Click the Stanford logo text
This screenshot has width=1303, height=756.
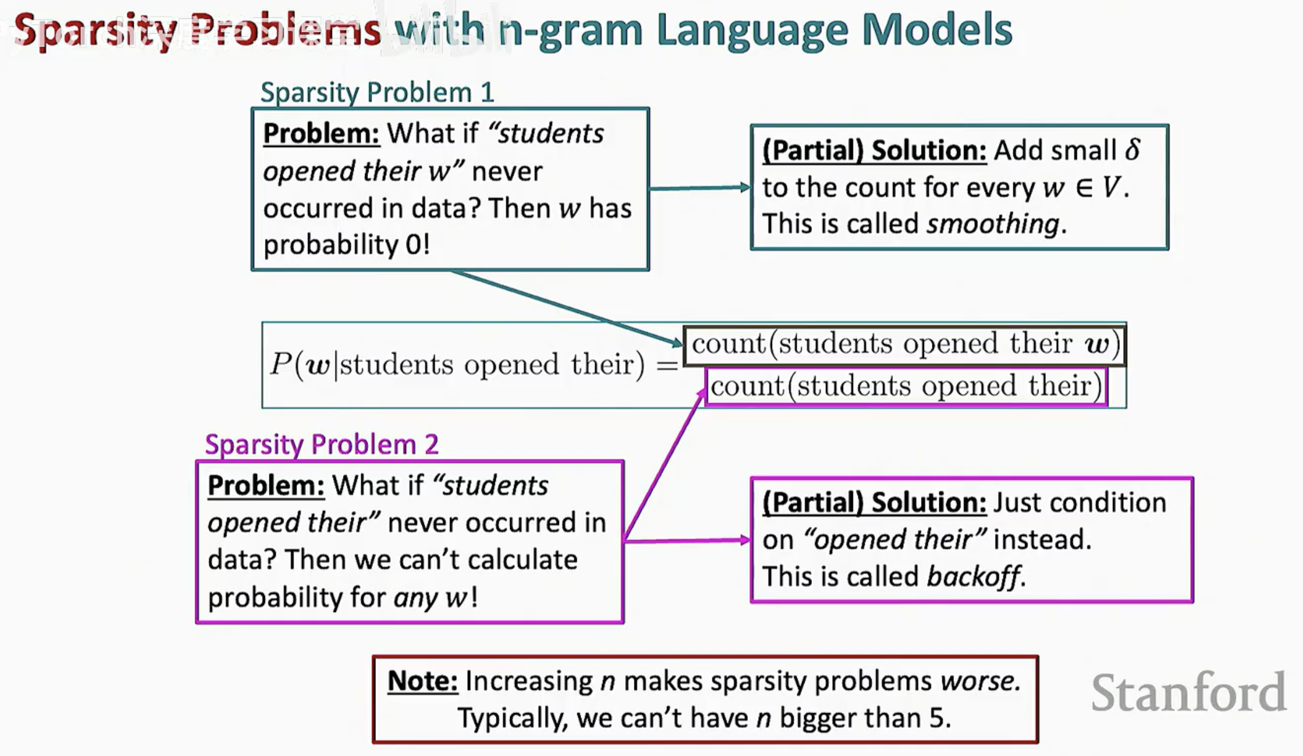(1188, 692)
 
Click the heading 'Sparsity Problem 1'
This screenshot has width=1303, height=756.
(377, 93)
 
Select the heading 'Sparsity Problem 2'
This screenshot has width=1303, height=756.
(322, 444)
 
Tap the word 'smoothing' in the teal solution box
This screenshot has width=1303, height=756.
(993, 224)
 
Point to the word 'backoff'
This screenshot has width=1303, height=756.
(973, 576)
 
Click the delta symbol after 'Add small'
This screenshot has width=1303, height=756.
(1133, 149)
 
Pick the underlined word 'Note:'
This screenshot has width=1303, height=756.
(422, 681)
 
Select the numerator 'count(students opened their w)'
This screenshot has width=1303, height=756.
(905, 344)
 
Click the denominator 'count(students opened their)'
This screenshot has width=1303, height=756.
(906, 387)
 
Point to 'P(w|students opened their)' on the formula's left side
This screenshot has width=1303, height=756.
(457, 365)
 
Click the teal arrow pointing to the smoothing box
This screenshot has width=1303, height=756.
(700, 187)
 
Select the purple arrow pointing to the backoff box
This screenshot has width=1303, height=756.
(687, 540)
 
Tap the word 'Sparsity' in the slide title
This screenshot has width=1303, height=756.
(96, 31)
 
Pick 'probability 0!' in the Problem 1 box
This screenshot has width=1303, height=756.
(347, 244)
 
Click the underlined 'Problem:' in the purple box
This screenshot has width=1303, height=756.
(266, 485)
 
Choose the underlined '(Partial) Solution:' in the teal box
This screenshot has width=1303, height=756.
(874, 150)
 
